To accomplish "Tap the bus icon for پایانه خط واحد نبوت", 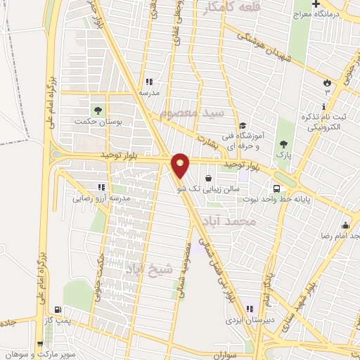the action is point(277,188).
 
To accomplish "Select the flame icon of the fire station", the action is point(326,83).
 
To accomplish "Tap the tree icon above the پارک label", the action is point(283,142).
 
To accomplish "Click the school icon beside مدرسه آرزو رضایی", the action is point(101,187).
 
